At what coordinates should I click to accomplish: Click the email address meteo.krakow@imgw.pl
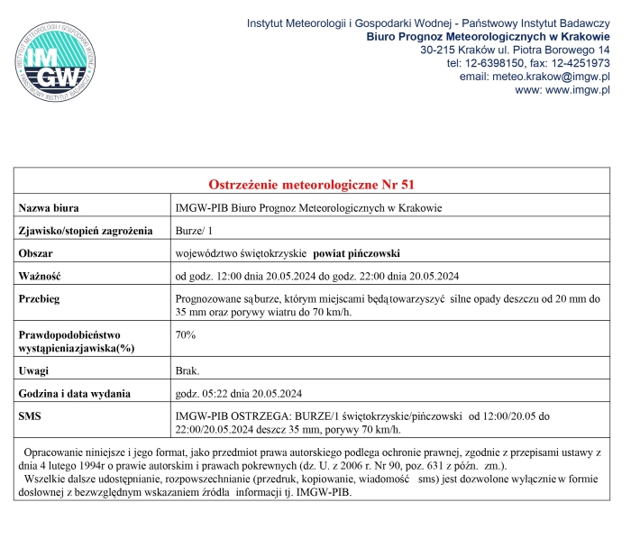click(552, 77)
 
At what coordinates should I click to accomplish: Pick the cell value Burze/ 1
click(194, 231)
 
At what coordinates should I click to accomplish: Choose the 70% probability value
click(186, 335)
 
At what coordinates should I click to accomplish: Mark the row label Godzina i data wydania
click(75, 393)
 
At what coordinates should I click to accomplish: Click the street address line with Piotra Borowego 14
click(516, 50)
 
